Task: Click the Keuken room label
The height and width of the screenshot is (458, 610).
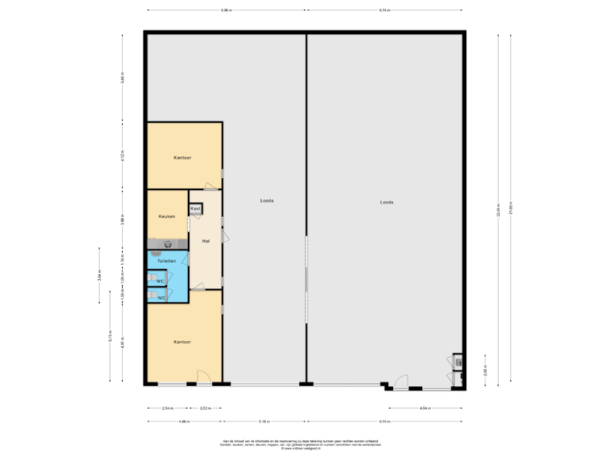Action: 166,216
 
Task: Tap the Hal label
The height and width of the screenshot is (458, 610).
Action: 205,242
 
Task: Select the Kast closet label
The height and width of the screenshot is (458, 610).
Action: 195,208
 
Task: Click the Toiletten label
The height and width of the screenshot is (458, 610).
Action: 166,261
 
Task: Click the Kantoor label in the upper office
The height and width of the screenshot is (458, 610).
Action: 181,158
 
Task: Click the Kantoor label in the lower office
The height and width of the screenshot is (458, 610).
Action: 181,342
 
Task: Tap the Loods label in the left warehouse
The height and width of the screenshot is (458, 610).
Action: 266,201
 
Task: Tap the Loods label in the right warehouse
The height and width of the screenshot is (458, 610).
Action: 386,202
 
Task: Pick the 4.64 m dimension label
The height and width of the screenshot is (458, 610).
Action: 424,408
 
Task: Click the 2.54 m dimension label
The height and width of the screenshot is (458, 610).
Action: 168,408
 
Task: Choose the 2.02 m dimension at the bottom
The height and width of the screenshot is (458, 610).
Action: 204,408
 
